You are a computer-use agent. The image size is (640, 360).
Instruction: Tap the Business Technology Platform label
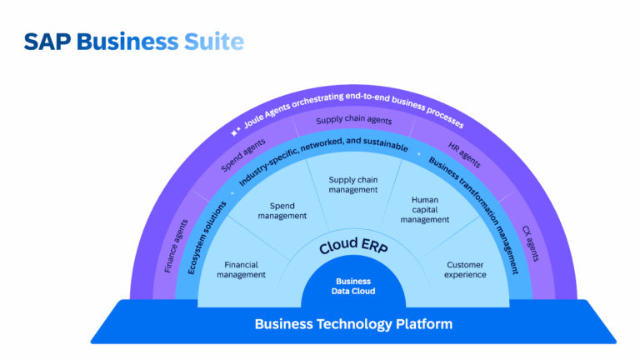pyautogui.click(x=353, y=324)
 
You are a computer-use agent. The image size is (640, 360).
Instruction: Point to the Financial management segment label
pyautogui.click(x=243, y=269)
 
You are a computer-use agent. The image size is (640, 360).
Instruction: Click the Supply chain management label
pyautogui.click(x=353, y=184)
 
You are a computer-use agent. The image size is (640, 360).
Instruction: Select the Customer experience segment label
pyautogui.click(x=464, y=269)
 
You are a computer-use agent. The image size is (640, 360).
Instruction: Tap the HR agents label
pyautogui.click(x=464, y=152)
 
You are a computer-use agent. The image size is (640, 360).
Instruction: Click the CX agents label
pyautogui.click(x=531, y=243)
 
